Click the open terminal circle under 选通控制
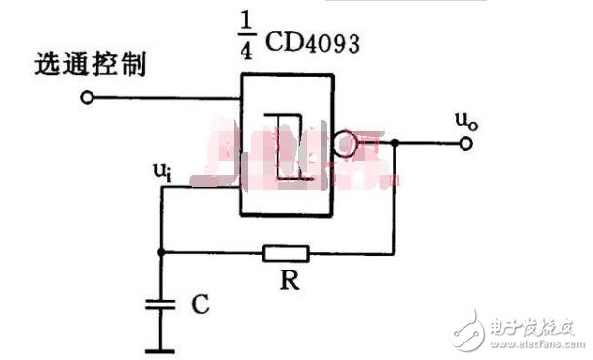[x=89, y=97]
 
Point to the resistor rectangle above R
[x=285, y=254]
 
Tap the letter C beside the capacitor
[x=200, y=306]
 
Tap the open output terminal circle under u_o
[x=466, y=144]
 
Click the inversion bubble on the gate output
[x=344, y=145]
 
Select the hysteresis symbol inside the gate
[x=286, y=146]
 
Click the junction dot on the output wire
[x=395, y=144]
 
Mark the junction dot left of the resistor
[x=160, y=253]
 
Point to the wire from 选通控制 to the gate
[x=166, y=97]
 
